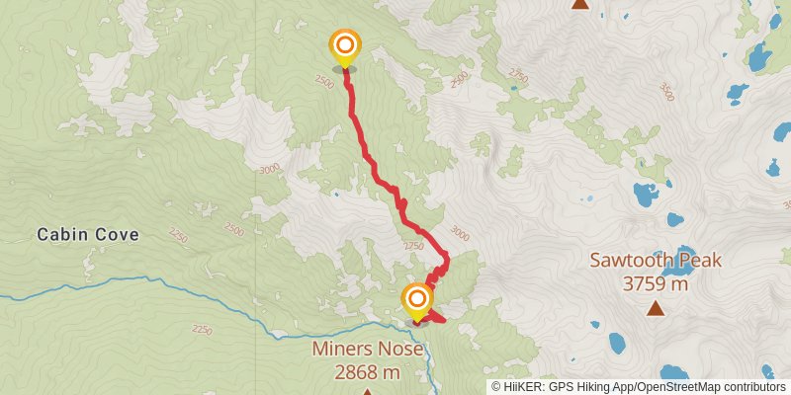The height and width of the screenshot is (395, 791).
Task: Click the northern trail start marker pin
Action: tap(345, 46)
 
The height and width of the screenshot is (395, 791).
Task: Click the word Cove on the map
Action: tap(117, 235)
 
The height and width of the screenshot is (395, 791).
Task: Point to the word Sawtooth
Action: tap(629, 262)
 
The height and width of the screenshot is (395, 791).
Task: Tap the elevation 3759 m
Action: tap(656, 284)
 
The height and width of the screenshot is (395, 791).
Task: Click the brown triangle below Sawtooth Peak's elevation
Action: tap(656, 308)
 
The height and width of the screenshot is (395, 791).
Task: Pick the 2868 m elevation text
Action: tap(367, 372)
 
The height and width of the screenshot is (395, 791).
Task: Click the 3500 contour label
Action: tap(665, 92)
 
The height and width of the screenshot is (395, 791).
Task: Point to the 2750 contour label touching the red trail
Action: tap(413, 246)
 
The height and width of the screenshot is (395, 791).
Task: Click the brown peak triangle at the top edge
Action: tap(580, 4)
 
